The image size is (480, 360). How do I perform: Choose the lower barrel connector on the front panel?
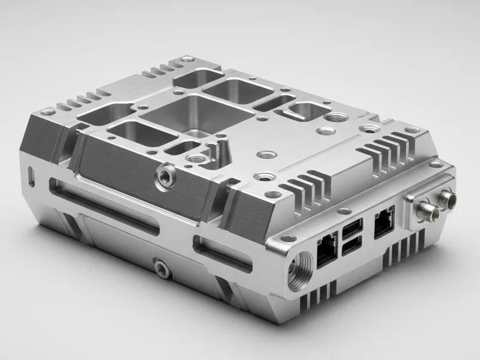[427, 209]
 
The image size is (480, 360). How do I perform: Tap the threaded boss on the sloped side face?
[164, 175]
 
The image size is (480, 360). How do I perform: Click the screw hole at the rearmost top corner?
[188, 59]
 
